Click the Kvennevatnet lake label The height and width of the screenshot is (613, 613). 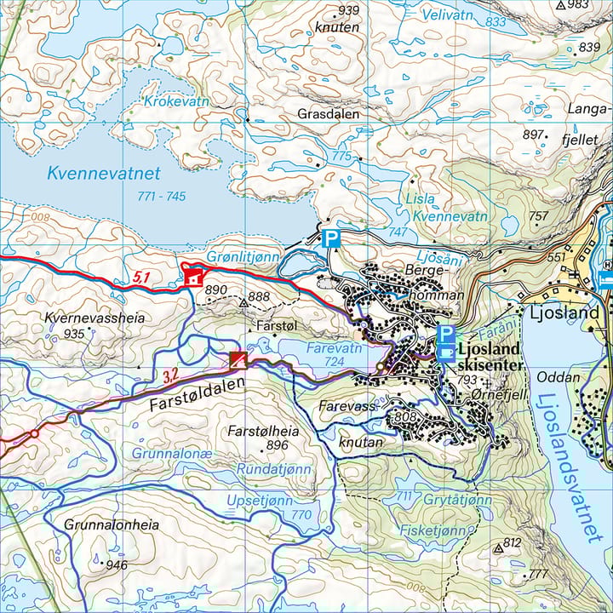[104, 173]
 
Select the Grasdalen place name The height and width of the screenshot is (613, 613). [328, 113]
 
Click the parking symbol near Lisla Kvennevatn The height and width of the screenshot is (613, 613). [330, 238]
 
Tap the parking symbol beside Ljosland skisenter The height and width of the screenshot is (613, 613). [444, 334]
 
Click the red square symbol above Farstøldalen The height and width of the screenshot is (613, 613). [238, 360]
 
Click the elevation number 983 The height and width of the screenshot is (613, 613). [578, 5]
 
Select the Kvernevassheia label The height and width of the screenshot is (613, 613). [94, 318]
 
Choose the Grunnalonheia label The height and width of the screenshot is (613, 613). [112, 525]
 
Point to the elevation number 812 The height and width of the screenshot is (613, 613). [512, 542]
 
